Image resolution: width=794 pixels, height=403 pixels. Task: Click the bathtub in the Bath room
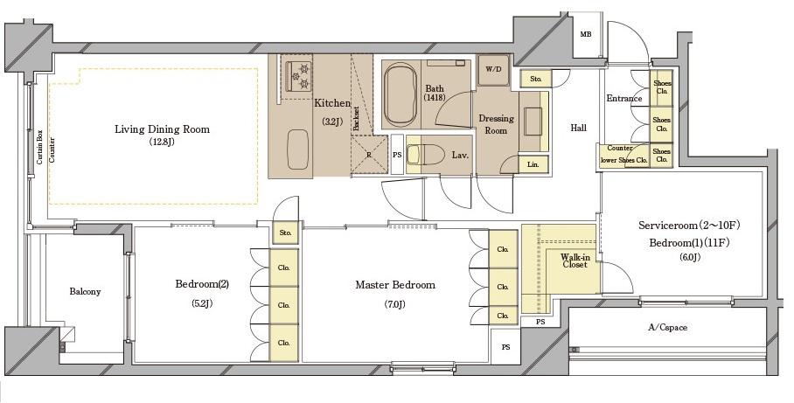pos(400,95)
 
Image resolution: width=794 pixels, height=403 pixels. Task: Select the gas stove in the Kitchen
pos(298,76)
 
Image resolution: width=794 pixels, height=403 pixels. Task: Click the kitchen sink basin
pos(297,149)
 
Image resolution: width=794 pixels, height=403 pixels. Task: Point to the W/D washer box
pos(493,69)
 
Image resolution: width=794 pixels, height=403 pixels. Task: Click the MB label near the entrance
pos(586,34)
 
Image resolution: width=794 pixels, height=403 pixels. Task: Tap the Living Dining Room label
pos(162,129)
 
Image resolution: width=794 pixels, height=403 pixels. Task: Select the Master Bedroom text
pos(395,285)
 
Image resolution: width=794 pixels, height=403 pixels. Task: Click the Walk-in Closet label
pos(575,261)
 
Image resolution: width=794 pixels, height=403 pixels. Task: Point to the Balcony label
pos(85,292)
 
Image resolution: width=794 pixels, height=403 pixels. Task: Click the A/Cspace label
pos(668,328)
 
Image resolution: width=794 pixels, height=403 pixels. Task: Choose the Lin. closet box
pos(533,164)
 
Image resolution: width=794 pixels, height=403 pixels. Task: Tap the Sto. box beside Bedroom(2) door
pos(286,233)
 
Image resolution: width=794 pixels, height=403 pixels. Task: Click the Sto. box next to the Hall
pos(536,79)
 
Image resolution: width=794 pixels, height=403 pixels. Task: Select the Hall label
pos(579,129)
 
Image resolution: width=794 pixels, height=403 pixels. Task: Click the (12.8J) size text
pos(162,142)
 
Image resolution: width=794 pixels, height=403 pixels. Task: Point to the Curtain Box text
pos(39,148)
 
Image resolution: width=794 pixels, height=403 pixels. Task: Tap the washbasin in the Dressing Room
pos(533,121)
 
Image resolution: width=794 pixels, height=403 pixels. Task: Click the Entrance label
pos(624,98)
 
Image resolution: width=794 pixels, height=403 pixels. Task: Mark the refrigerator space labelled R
pos(369,155)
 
